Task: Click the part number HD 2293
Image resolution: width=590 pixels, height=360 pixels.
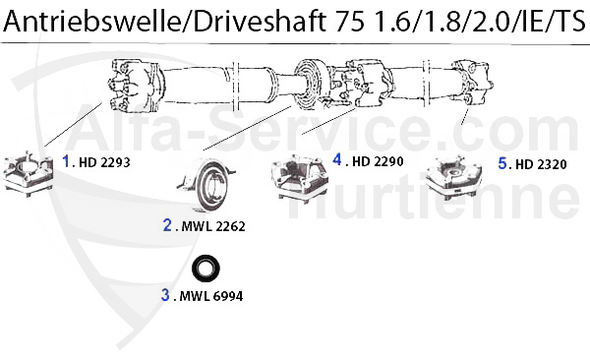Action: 104,162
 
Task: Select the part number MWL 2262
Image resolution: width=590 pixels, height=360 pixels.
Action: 213,226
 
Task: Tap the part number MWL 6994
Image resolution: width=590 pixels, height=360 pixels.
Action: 211,296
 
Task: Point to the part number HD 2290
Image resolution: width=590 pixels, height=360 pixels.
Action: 378,161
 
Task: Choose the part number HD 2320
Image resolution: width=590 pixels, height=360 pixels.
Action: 541,164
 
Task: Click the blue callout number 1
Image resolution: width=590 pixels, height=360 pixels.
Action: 66,161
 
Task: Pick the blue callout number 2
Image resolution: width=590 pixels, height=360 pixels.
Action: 167,225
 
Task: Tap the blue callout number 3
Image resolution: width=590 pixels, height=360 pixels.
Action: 165,295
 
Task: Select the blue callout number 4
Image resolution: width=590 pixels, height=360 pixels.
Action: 337,159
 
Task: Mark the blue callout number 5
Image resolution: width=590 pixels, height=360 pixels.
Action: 502,163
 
